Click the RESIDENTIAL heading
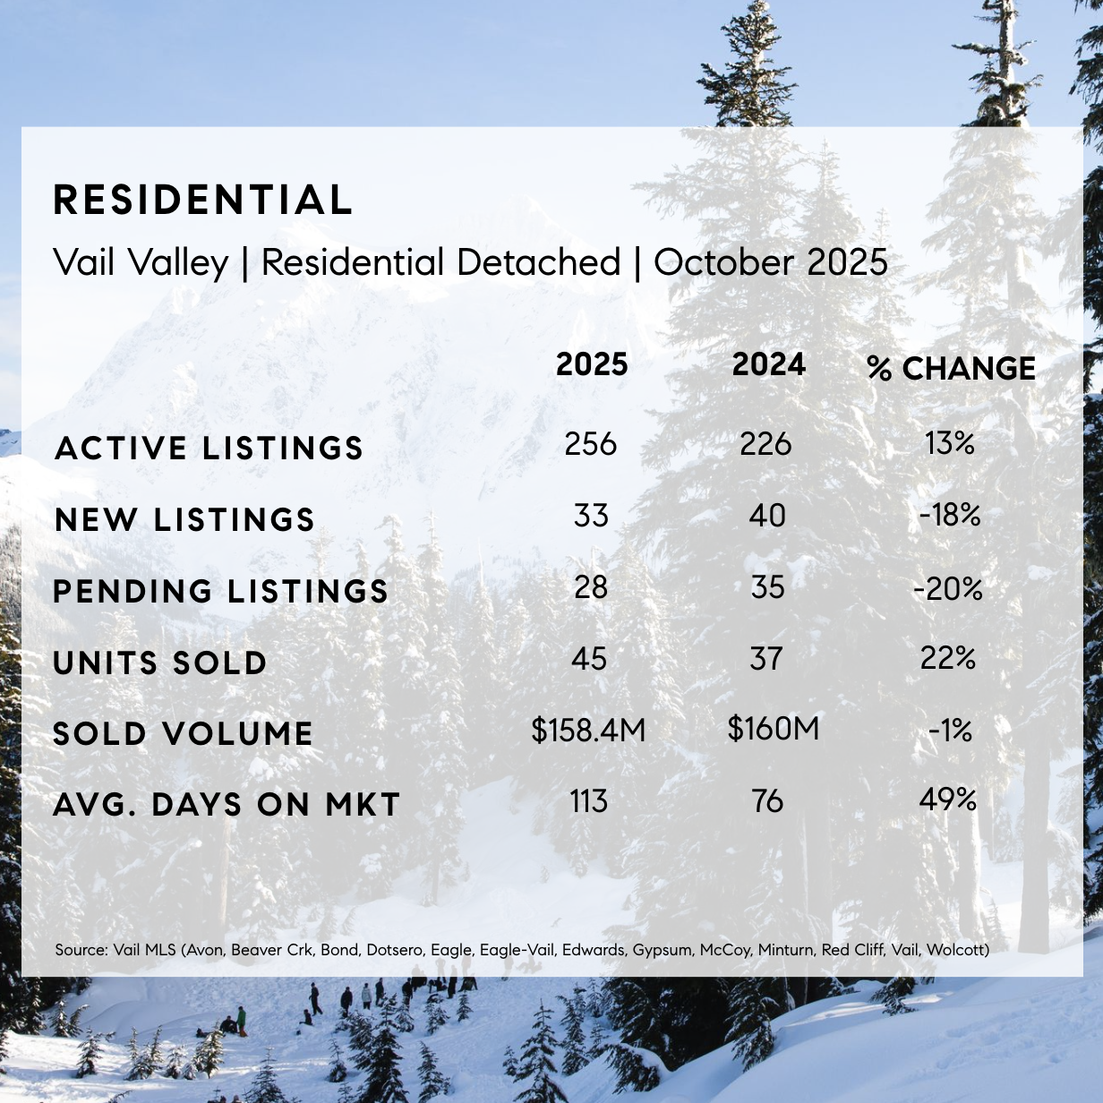(203, 201)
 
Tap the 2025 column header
(592, 365)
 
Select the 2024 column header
(769, 365)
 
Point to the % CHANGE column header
(951, 368)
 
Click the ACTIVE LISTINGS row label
(209, 448)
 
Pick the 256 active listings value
(591, 444)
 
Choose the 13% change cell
(950, 443)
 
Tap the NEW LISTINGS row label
(185, 519)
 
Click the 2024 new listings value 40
(767, 516)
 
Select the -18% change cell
(950, 516)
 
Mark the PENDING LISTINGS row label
(221, 591)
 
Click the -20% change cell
(948, 588)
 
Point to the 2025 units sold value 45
(589, 660)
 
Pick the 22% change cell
(948, 659)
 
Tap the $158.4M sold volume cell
(588, 731)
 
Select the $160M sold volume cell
(774, 729)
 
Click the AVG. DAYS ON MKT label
(227, 804)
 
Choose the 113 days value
(589, 801)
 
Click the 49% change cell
(948, 799)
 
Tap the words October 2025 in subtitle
(771, 262)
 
